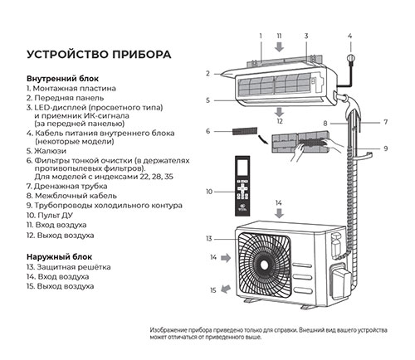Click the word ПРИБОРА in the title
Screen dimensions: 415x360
141,54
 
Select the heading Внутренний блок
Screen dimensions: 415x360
62,79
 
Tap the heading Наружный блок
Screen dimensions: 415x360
59,257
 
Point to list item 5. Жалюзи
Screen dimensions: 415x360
46,151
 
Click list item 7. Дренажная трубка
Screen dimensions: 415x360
66,187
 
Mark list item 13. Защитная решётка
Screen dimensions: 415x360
69,267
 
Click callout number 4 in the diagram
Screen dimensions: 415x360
350,36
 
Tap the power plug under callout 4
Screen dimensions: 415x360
351,59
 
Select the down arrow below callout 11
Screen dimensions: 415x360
280,46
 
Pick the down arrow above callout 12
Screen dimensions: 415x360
280,112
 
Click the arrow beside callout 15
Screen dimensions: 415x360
226,289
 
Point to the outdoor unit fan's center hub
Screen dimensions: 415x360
264,265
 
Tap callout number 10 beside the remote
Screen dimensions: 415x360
209,192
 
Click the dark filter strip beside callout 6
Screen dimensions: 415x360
245,131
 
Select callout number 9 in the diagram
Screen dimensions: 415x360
386,148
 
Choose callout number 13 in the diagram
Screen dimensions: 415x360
209,239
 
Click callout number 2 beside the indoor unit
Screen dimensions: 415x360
208,74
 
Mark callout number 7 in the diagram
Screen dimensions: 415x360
386,122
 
